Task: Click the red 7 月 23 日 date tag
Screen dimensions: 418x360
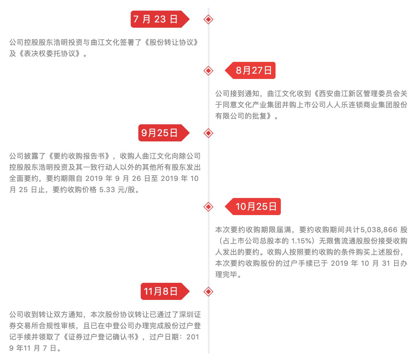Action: [x=160, y=19]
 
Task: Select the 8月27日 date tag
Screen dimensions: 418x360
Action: [x=250, y=70]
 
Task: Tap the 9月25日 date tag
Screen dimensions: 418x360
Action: [x=164, y=133]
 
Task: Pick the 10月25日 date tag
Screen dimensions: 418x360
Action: [x=253, y=207]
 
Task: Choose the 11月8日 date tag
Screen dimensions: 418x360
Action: [x=165, y=291]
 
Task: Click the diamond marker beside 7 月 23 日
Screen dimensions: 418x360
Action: [x=208, y=19]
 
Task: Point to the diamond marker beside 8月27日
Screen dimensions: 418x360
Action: [x=208, y=71]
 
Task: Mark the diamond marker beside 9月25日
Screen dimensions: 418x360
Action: [x=208, y=133]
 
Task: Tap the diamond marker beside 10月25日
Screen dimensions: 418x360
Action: [x=208, y=207]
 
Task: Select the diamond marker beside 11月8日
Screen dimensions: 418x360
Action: [x=208, y=292]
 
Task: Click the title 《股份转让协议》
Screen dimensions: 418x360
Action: [x=172, y=42]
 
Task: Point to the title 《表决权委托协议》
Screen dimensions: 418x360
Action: [x=49, y=53]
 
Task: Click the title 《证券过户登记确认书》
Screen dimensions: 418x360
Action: [x=101, y=337]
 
